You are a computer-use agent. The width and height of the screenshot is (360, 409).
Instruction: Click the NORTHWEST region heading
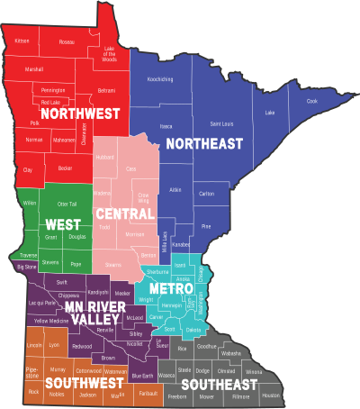click(67, 114)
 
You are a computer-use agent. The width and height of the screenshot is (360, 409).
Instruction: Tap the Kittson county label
click(22, 41)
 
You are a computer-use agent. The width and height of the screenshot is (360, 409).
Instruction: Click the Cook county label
click(311, 101)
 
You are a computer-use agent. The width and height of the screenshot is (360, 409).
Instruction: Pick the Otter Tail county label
click(67, 204)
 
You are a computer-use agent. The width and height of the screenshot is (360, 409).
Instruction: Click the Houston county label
click(271, 395)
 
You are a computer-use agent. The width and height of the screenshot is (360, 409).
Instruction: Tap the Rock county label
click(34, 392)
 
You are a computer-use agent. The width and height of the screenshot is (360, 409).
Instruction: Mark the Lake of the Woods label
click(110, 51)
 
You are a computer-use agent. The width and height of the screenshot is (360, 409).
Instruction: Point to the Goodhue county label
click(206, 346)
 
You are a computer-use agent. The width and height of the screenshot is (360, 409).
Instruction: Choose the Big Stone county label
click(27, 267)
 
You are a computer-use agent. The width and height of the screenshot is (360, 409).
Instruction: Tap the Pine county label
click(206, 226)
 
